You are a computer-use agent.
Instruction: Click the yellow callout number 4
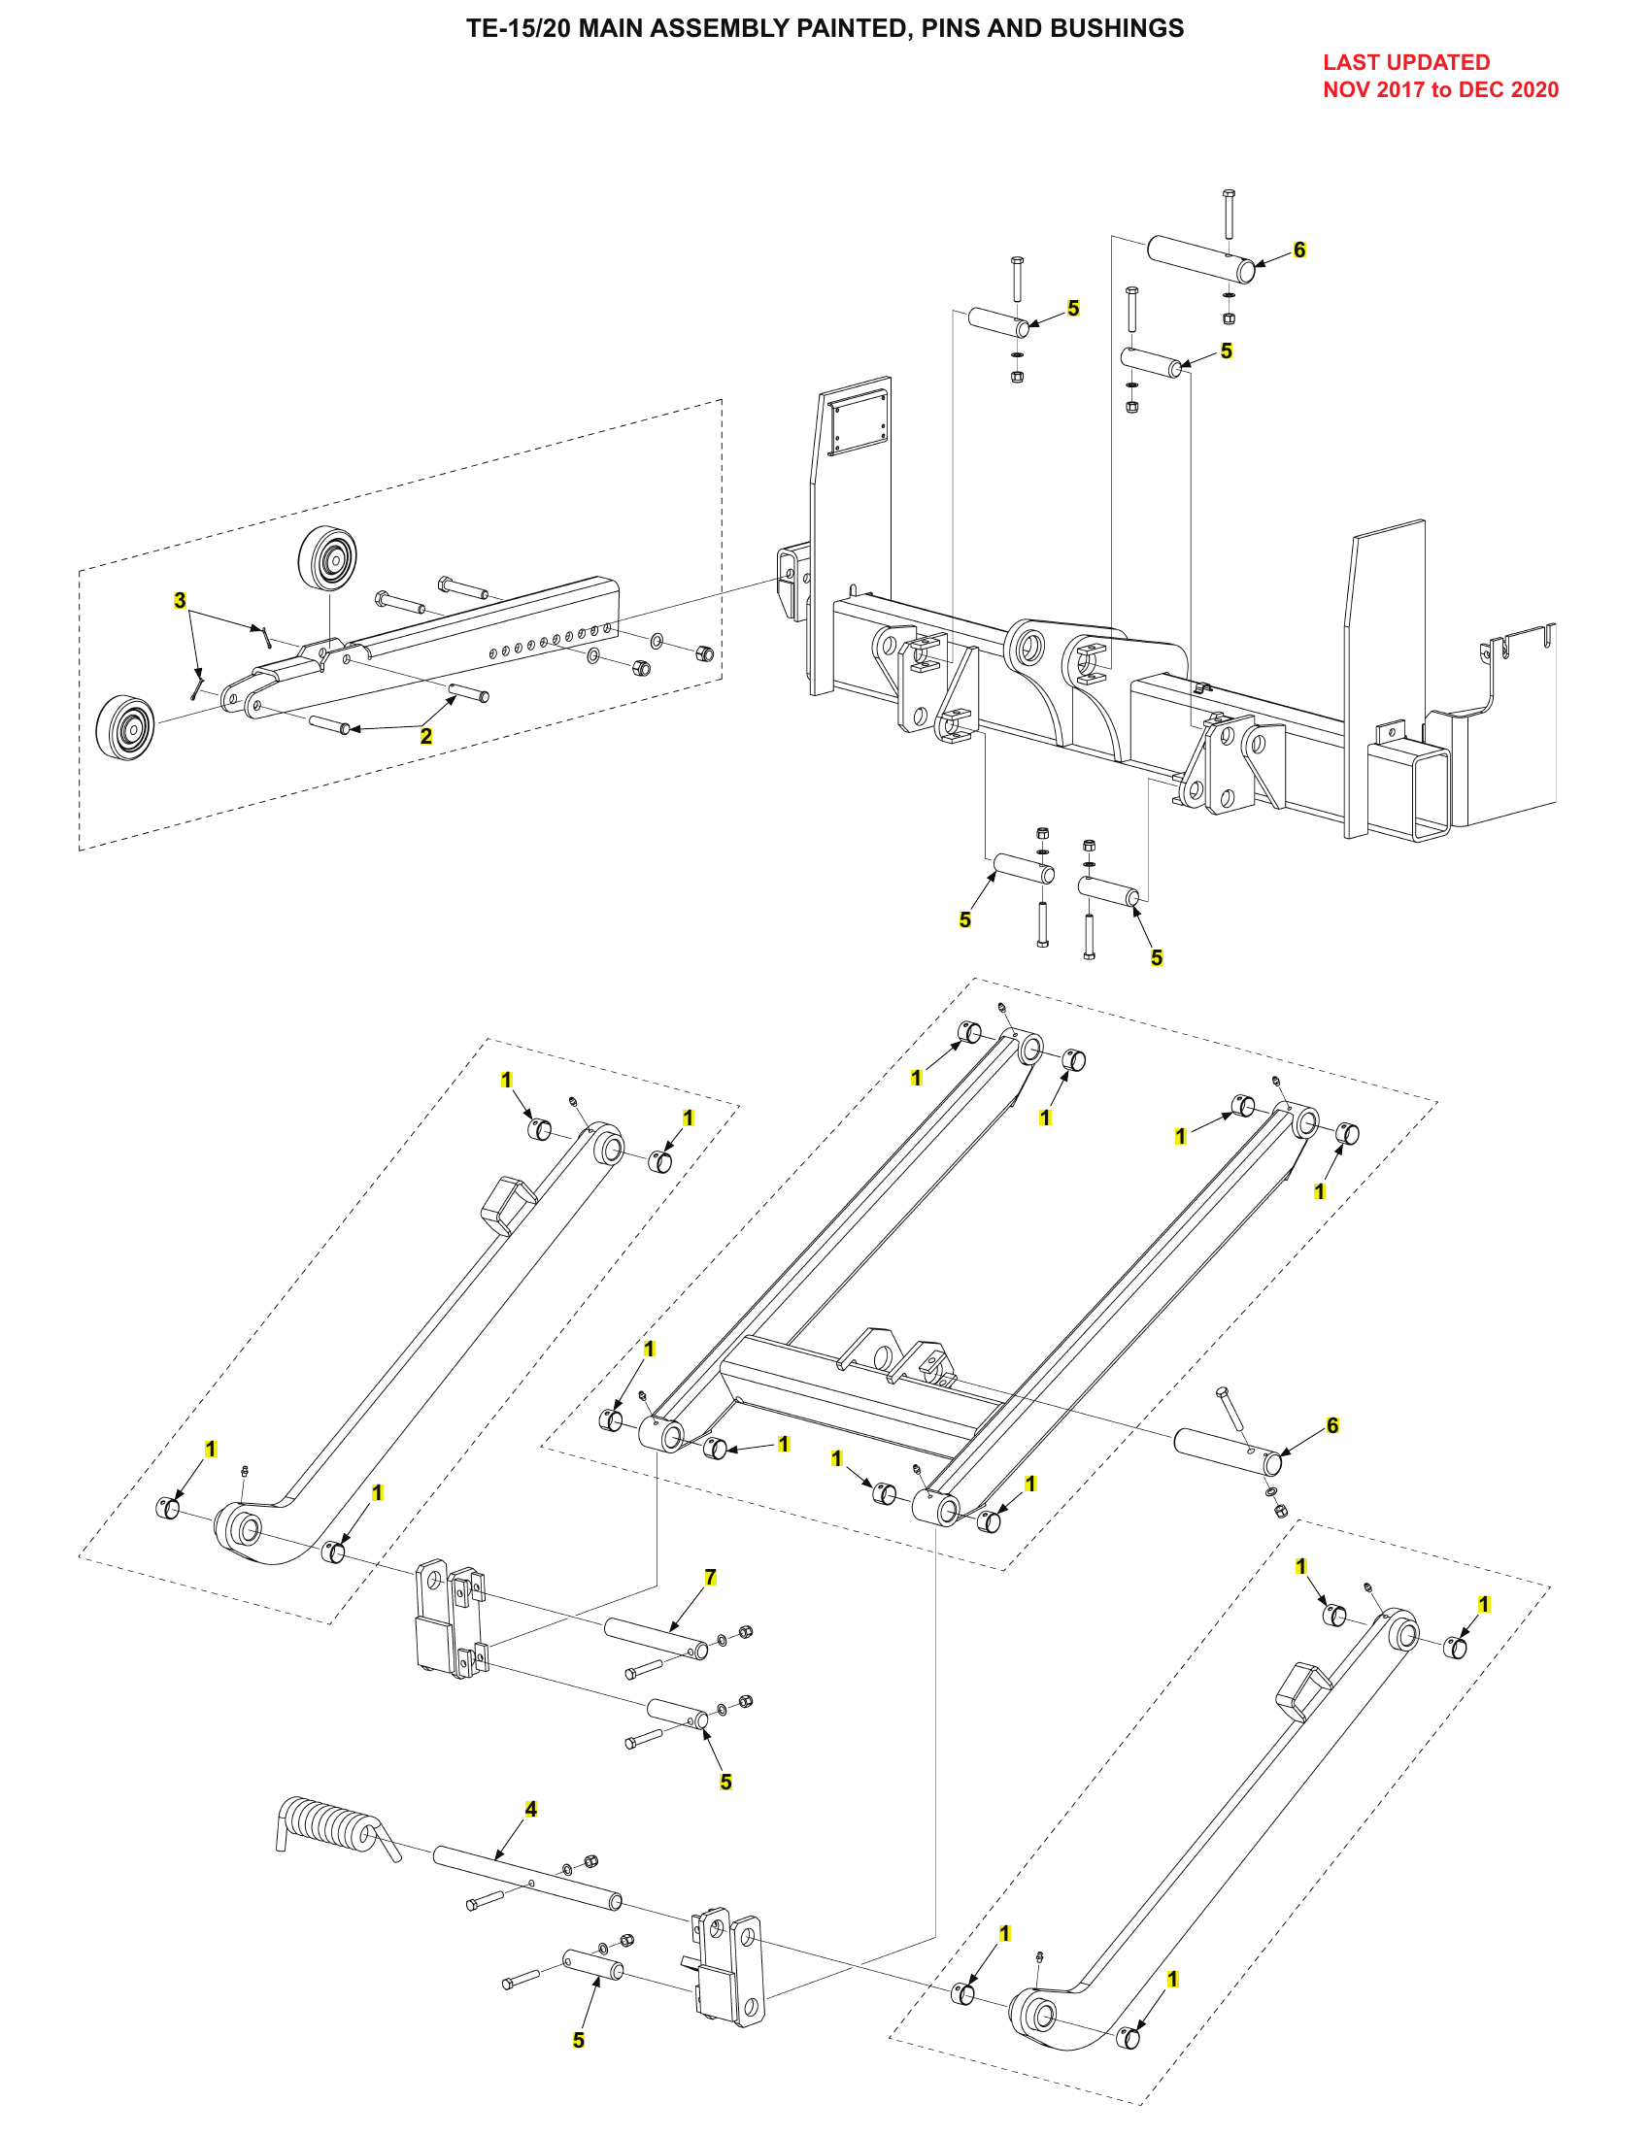pyautogui.click(x=531, y=1810)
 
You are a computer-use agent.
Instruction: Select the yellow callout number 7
pyautogui.click(x=711, y=1577)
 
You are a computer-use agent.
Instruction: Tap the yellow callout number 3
pyautogui.click(x=180, y=599)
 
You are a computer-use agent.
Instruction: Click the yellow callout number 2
pyautogui.click(x=425, y=736)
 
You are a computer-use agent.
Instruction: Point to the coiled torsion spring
pyautogui.click(x=327, y=1827)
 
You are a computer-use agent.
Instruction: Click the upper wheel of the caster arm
pyautogui.click(x=326, y=558)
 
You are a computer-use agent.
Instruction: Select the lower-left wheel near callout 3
pyautogui.click(x=125, y=727)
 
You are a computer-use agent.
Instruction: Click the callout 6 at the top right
pyautogui.click(x=1298, y=250)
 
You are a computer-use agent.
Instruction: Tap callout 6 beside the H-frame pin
pyautogui.click(x=1332, y=1425)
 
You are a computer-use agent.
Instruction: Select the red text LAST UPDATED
pyautogui.click(x=1405, y=62)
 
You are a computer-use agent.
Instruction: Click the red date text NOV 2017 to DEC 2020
pyautogui.click(x=1439, y=90)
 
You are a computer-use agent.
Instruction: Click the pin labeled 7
pyautogui.click(x=656, y=1638)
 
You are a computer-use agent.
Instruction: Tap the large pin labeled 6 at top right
pyautogui.click(x=1200, y=258)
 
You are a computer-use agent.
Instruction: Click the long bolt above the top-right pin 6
pyautogui.click(x=1229, y=214)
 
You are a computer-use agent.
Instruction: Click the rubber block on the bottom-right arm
pyautogui.click(x=1301, y=1689)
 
